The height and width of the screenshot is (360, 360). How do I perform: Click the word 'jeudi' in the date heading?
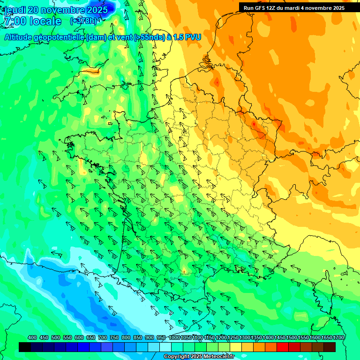[15, 10]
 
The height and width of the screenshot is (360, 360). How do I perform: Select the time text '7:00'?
[14, 22]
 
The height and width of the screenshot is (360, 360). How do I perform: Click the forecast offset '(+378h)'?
[83, 21]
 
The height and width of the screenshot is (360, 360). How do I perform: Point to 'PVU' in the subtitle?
[192, 37]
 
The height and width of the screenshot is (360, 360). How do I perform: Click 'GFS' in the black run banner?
[259, 8]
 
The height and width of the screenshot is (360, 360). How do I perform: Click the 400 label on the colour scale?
[32, 338]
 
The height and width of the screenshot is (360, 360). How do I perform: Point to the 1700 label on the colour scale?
[338, 338]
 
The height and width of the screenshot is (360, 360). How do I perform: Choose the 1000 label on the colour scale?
[174, 338]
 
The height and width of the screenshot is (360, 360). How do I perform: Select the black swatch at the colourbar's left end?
[25, 347]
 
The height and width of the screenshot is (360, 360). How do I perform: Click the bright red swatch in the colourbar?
[283, 347]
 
